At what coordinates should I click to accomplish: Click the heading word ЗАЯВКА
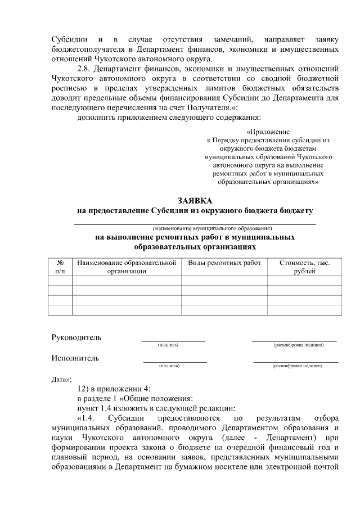[195, 201]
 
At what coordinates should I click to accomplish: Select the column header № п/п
[60, 267]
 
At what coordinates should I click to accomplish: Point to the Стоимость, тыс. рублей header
[304, 267]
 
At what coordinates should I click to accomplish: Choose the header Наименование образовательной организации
[127, 267]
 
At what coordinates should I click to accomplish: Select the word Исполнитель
[75, 358]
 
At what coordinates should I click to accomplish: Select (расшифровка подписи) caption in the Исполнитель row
[297, 366]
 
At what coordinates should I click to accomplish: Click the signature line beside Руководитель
[173, 340]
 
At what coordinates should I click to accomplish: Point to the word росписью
[67, 89]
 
